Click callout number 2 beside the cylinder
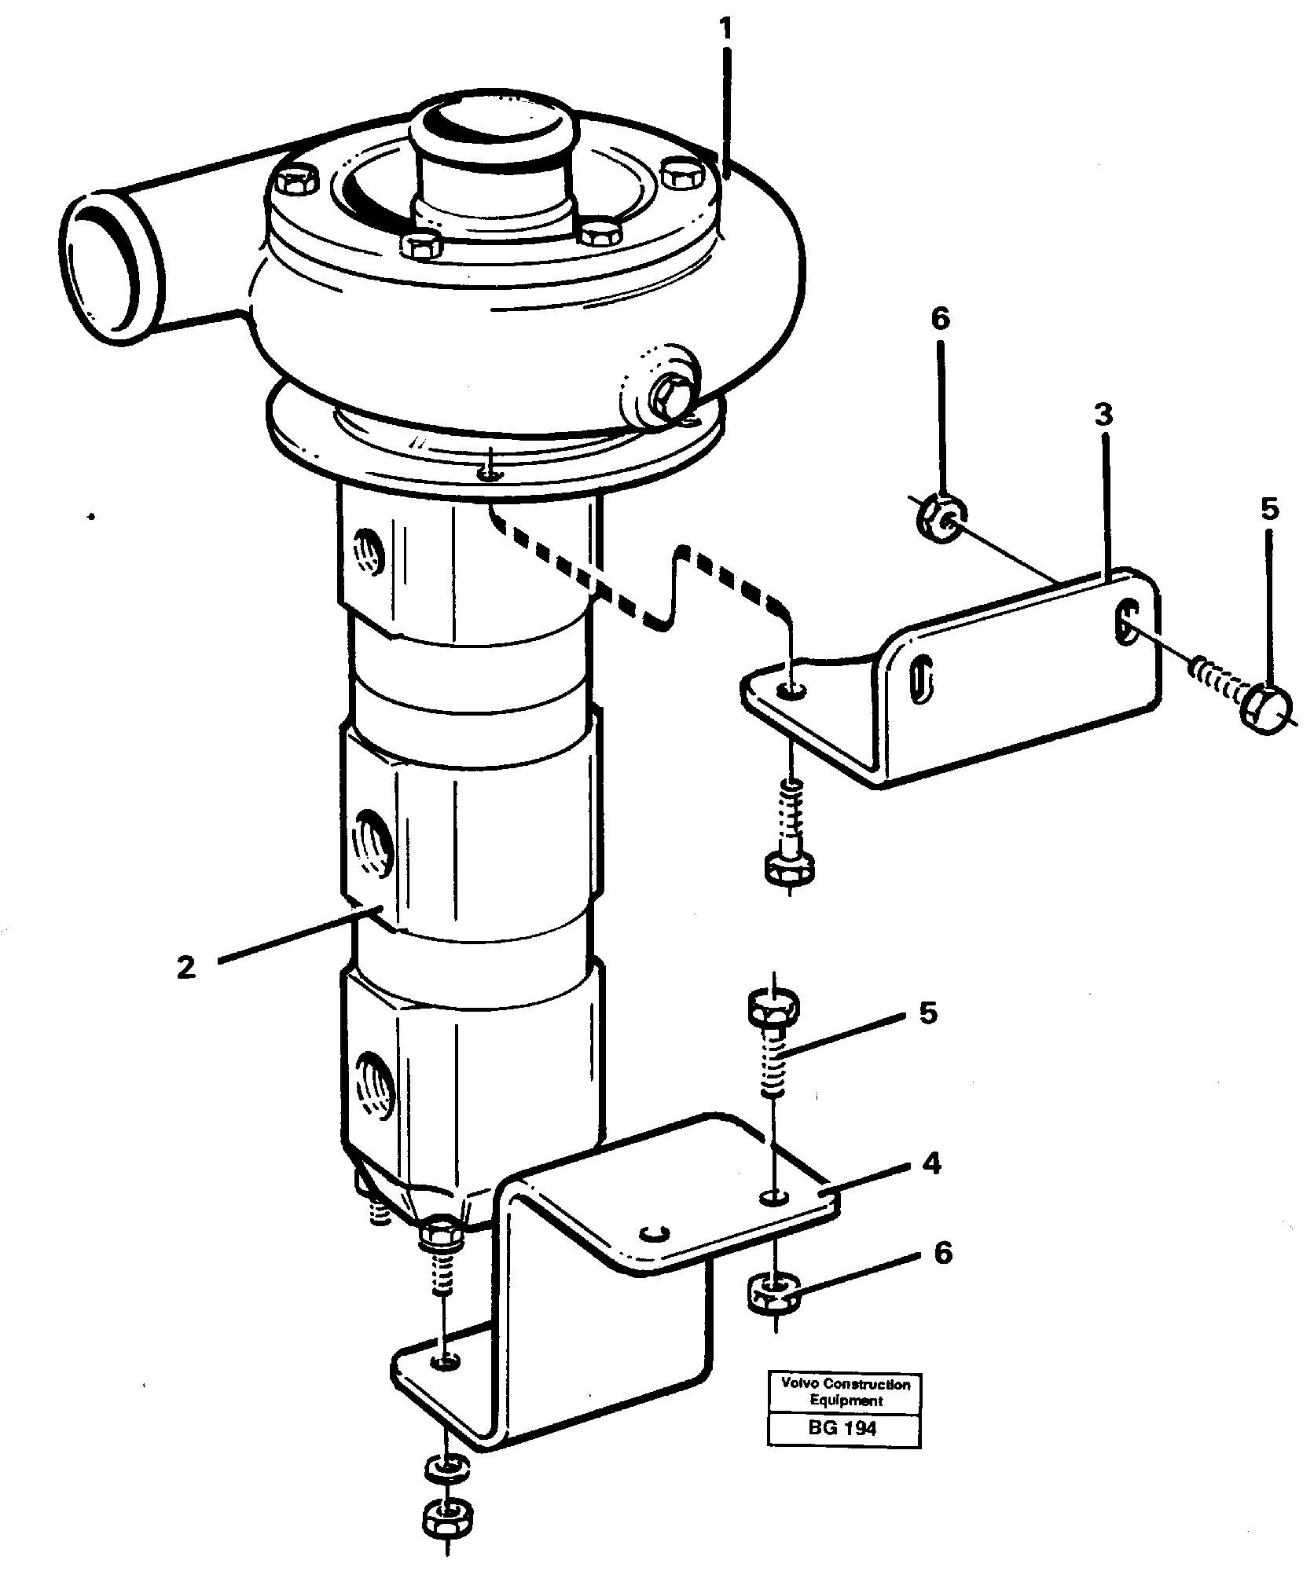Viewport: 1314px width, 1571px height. tap(186, 968)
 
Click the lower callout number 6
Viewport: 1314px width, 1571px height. tap(942, 1254)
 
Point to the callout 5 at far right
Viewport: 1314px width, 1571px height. tap(1269, 509)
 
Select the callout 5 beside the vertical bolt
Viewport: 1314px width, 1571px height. tap(928, 1013)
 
